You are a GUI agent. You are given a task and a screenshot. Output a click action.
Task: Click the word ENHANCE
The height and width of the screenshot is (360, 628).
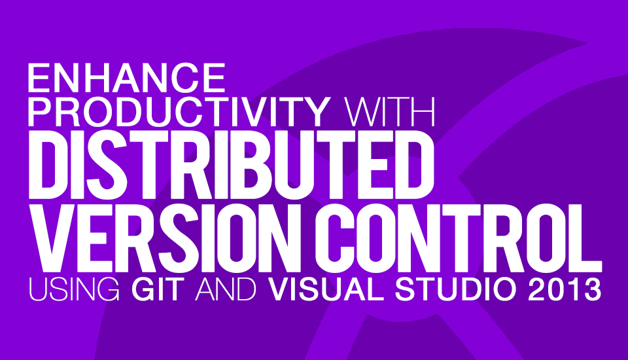(x=126, y=78)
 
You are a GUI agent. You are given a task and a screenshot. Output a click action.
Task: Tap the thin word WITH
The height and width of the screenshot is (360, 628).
(x=390, y=112)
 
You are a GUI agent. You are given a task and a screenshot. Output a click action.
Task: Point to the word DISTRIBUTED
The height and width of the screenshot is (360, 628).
(x=231, y=165)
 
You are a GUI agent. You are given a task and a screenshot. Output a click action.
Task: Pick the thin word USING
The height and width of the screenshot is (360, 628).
(x=74, y=289)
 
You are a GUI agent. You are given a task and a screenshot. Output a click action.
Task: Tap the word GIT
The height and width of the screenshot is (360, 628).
(x=158, y=289)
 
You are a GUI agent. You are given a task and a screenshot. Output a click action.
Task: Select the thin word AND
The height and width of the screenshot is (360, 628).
(x=226, y=289)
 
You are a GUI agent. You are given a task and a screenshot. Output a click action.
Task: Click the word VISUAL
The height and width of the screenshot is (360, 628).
(x=326, y=289)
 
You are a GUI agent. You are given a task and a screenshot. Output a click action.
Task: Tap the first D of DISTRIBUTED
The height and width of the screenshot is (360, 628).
(x=48, y=165)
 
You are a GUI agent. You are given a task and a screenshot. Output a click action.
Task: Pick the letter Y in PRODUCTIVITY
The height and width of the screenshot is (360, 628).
(x=315, y=112)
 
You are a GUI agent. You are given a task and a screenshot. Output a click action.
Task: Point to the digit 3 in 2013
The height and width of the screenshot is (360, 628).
(x=592, y=289)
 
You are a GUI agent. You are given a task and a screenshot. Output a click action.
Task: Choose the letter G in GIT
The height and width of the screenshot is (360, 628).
(x=143, y=289)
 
